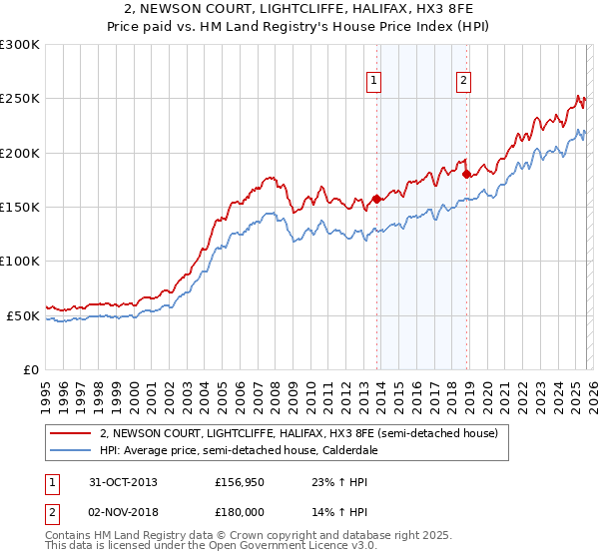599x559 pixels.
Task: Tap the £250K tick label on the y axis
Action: pyautogui.click(x=20, y=99)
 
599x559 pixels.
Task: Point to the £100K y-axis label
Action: pyautogui.click(x=20, y=261)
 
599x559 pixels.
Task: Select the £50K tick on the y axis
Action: pyautogui.click(x=23, y=315)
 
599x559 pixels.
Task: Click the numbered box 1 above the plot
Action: pyautogui.click(x=373, y=82)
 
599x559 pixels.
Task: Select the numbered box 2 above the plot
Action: pyautogui.click(x=464, y=82)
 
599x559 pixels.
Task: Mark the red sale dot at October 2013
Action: pyautogui.click(x=376, y=199)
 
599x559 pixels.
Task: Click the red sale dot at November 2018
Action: pyautogui.click(x=466, y=174)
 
